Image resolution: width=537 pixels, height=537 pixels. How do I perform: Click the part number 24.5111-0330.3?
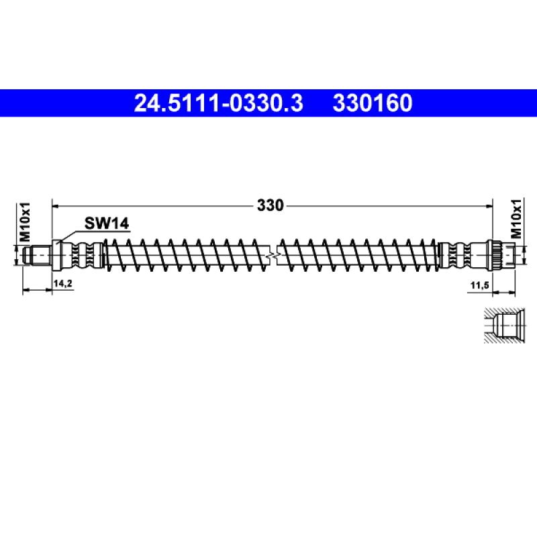[219, 103]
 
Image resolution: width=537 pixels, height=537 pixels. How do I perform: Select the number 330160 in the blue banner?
[373, 103]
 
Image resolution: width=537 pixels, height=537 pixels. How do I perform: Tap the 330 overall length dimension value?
[271, 205]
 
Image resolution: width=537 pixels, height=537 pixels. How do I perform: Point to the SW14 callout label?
[107, 224]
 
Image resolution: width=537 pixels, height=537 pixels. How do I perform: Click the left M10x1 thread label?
[25, 222]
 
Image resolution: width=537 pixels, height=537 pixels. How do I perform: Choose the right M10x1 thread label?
[516, 219]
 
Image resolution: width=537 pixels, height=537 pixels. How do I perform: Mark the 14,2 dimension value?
[63, 284]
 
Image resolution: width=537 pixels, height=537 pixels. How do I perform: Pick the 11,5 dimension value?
[479, 285]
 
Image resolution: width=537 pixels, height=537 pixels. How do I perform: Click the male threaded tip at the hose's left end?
[37, 255]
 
